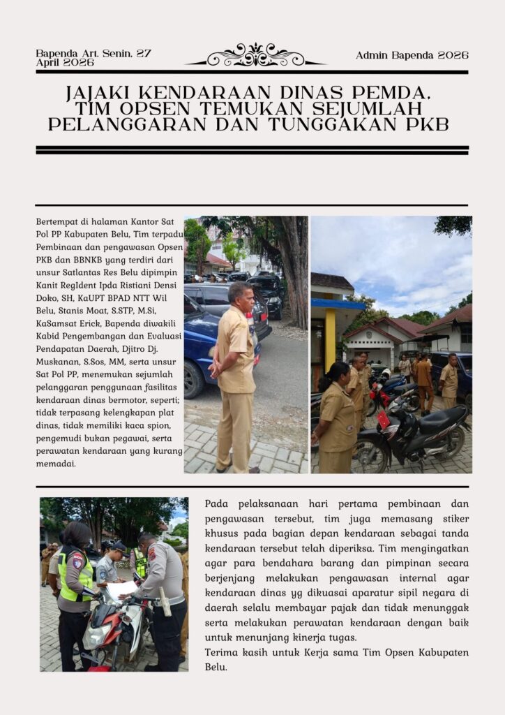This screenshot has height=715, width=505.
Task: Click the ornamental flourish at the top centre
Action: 255,55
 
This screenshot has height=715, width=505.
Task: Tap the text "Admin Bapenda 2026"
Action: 412,55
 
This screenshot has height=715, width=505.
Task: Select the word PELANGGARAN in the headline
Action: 129,126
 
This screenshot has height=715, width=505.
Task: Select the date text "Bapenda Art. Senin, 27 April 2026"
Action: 93,58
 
